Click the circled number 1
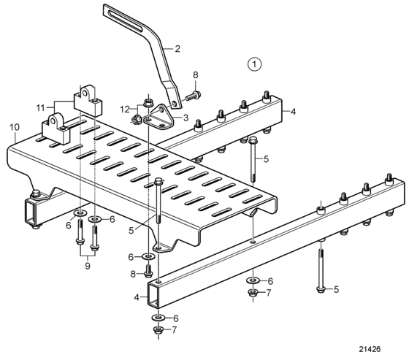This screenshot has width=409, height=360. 254,64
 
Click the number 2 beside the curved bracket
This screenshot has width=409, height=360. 177,49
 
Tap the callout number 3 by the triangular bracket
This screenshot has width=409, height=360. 186,118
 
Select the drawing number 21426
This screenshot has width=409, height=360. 370,349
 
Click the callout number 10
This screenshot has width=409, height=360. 15,127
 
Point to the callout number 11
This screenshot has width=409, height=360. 40,107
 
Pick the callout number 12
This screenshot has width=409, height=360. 125,110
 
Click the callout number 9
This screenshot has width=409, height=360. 88,266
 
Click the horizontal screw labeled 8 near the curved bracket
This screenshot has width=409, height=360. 193,96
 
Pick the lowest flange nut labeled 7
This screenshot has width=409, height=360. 158,331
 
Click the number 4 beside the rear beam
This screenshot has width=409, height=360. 293,112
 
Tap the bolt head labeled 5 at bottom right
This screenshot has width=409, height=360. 321,289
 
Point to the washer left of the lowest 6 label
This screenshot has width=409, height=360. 158,318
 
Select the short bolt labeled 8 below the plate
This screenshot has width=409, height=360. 149,272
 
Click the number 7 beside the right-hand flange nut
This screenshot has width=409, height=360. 269,293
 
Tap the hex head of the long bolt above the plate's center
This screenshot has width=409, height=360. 158,181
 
